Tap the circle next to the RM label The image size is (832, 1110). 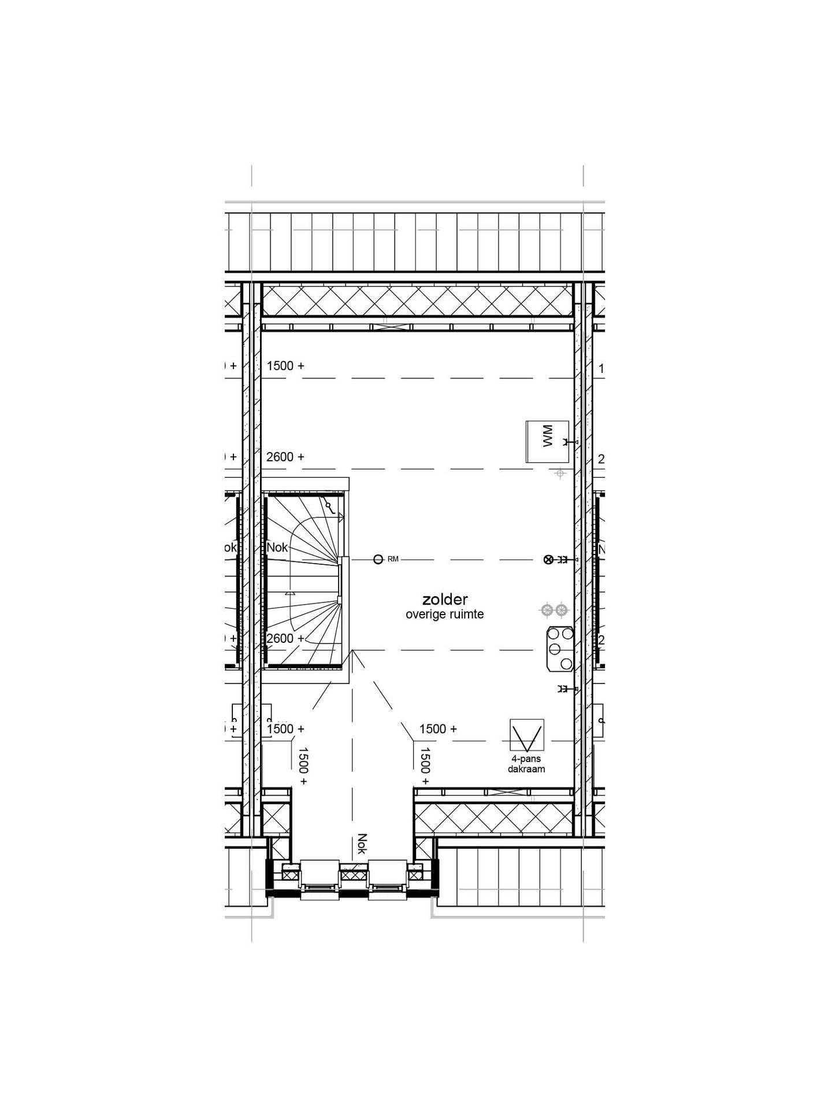click(x=378, y=559)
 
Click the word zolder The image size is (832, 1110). click(x=444, y=600)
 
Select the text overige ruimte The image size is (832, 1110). click(x=444, y=615)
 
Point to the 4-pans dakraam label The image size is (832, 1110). click(x=526, y=764)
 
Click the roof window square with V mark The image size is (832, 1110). click(x=526, y=736)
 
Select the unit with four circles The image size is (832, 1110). click(x=558, y=649)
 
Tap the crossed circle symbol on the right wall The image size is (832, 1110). click(x=548, y=559)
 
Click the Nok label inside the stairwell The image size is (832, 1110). click(x=277, y=547)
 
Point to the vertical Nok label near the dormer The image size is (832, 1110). click(x=362, y=843)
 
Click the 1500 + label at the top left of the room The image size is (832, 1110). click(x=285, y=366)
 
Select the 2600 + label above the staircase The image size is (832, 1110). click(x=285, y=457)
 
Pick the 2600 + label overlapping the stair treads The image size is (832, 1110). click(x=285, y=638)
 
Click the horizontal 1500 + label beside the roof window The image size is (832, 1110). click(x=438, y=729)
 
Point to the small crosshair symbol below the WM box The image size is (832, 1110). click(x=559, y=473)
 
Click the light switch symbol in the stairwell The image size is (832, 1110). click(x=330, y=507)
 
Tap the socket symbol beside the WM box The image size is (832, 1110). click(x=567, y=442)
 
